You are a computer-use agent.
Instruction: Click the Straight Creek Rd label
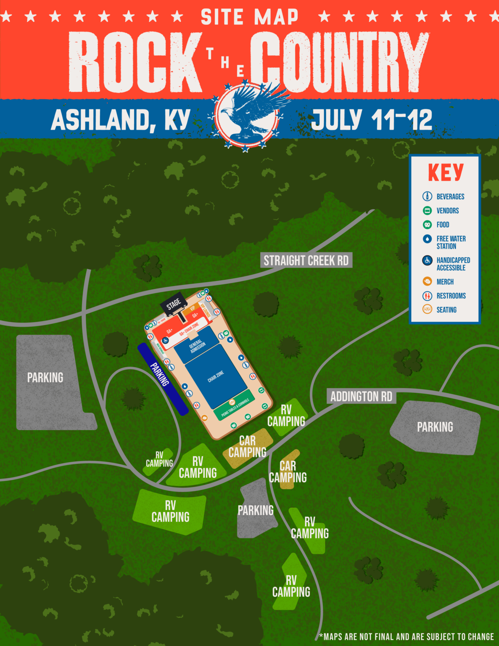click(306, 260)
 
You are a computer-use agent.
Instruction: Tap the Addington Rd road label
click(361, 396)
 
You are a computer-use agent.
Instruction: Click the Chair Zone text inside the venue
click(216, 376)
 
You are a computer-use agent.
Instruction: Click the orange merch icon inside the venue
click(204, 418)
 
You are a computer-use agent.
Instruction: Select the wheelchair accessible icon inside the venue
click(166, 340)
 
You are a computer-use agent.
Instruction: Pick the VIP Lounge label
click(206, 310)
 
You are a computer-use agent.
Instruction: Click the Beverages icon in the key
click(427, 196)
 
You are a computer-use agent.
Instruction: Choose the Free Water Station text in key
click(451, 242)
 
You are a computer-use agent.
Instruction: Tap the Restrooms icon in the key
click(427, 296)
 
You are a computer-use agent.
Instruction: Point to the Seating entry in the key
click(446, 310)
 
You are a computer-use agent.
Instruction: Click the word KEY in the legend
click(446, 172)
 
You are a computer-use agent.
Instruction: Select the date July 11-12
click(372, 120)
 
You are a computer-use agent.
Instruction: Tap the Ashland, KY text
click(121, 120)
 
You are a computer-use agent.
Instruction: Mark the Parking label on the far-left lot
click(45, 378)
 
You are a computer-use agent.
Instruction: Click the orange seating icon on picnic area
click(232, 402)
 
